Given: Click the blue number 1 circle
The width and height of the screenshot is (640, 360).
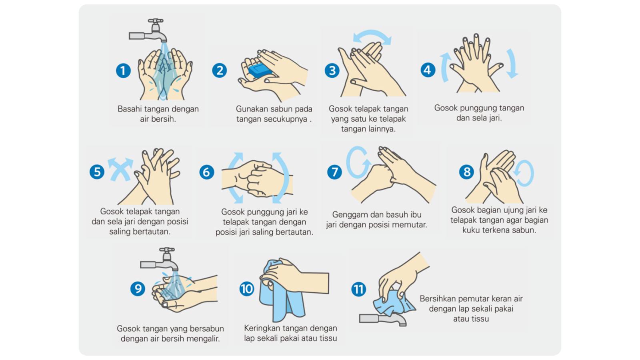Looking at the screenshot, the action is tap(123, 70).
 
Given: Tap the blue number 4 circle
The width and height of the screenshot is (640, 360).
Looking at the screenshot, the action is tap(428, 70).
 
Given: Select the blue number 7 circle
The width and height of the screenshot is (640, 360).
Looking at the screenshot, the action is tap(334, 172).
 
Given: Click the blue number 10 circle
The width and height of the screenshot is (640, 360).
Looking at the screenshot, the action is tap(246, 288).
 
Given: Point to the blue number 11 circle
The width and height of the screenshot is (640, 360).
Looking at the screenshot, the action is tap(358, 289).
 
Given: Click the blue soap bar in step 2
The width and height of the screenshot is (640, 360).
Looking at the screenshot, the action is tap(260, 70).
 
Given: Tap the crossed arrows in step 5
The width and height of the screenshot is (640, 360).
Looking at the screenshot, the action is tap(120, 169).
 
